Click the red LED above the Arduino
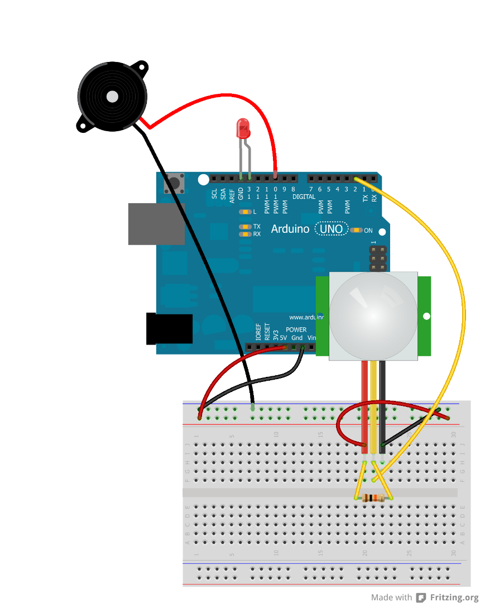[243, 129]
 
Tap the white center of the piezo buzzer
[112, 97]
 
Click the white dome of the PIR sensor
[373, 315]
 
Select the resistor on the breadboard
[373, 498]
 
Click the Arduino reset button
[174, 183]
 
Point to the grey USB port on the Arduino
[156, 223]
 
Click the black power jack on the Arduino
[169, 329]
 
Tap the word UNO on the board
[331, 229]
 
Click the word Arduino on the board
[290, 229]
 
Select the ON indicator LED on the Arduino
[357, 230]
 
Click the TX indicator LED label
[257, 227]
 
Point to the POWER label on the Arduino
[296, 330]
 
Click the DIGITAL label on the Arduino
[304, 197]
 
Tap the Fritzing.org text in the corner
[454, 597]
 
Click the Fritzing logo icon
[421, 597]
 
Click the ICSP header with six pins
[378, 259]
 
